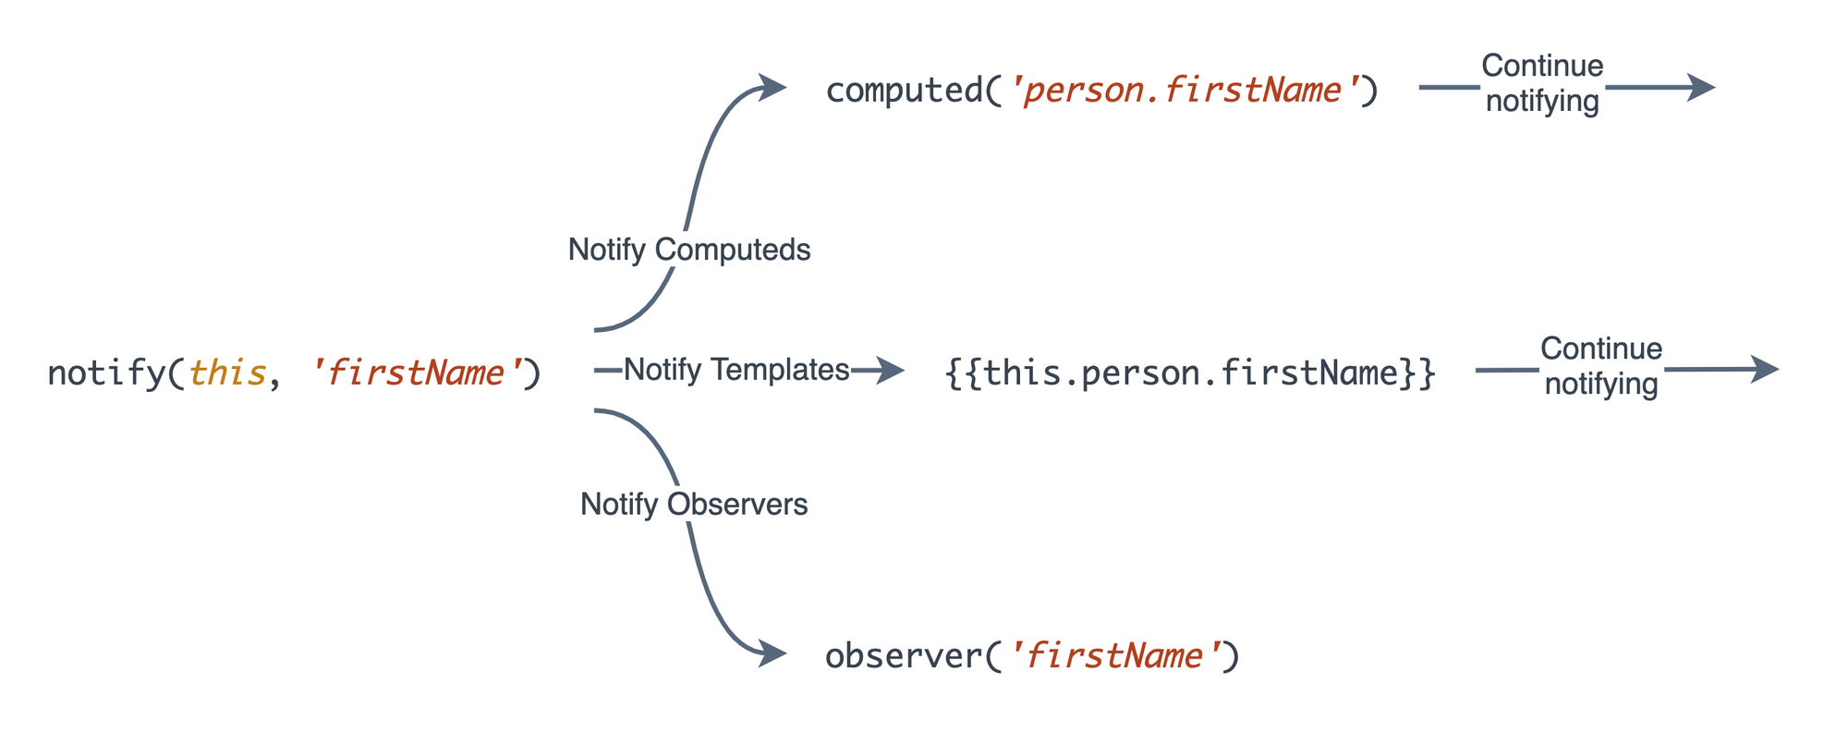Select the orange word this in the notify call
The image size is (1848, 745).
227,373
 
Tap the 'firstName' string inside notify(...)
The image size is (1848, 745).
417,373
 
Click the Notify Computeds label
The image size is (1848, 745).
689,250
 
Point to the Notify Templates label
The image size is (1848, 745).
736,370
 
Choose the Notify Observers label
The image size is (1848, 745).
694,505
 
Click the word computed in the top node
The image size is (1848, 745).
904,91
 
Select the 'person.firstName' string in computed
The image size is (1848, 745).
1184,91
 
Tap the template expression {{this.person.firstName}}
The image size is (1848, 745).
1190,373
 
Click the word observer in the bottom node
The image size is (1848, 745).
904,656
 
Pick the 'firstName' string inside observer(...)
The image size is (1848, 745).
1116,656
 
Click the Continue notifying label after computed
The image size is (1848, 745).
1542,83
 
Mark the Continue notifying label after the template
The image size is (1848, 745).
1601,366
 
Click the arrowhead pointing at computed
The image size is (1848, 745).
772,87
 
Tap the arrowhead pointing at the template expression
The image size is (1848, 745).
891,371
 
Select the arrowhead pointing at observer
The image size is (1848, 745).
772,654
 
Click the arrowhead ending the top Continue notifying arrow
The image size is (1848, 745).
1702,87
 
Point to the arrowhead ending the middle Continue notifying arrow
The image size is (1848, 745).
1765,370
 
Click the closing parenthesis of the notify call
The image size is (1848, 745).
531,373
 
